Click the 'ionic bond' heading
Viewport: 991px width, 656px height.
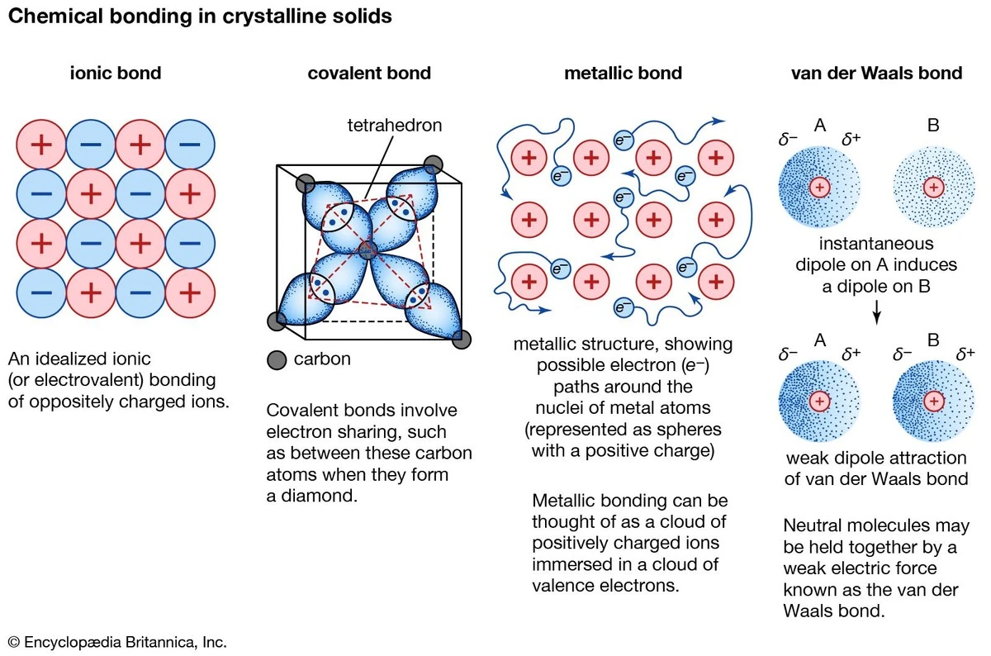click(x=115, y=74)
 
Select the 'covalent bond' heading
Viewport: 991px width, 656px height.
click(x=369, y=74)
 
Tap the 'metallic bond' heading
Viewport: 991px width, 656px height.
click(x=623, y=74)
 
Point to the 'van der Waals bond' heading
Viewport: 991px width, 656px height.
click(x=876, y=74)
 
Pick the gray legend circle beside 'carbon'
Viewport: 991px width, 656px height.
click(x=277, y=359)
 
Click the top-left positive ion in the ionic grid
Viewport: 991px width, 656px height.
click(x=41, y=145)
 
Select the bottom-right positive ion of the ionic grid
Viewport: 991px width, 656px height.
click(x=190, y=292)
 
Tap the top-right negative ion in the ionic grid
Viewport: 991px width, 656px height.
click(x=190, y=145)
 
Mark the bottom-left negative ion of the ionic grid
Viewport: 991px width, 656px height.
click(x=41, y=292)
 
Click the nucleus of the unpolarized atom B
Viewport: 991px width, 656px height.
click(x=933, y=188)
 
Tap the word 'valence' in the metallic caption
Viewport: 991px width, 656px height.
click(x=565, y=586)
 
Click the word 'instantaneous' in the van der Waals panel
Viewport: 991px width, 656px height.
click(x=876, y=244)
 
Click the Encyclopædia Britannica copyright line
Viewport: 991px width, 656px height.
click(x=116, y=642)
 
